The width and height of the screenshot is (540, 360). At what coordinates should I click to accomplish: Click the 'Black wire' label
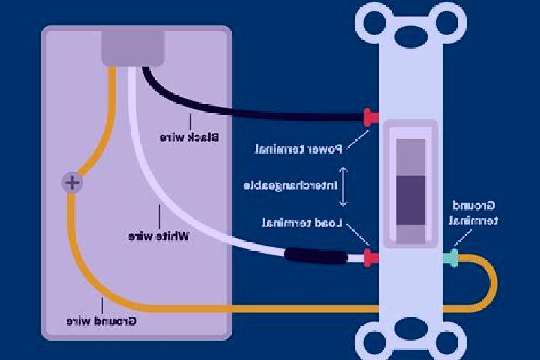(x=189, y=137)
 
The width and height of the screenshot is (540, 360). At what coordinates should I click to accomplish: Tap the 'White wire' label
(x=159, y=236)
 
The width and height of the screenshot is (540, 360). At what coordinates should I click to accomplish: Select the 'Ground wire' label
(x=101, y=321)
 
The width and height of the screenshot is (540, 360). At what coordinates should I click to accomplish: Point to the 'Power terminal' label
(x=298, y=149)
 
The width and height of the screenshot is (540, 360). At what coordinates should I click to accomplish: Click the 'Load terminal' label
(x=302, y=223)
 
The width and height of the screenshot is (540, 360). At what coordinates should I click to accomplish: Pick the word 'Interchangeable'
(x=291, y=186)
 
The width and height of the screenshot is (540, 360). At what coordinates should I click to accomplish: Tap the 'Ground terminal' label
(x=473, y=213)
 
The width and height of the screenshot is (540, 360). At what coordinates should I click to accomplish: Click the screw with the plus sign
(x=72, y=182)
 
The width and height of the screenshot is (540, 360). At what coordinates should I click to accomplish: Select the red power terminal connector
(x=371, y=118)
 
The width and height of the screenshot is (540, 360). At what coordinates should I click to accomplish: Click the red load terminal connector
(x=371, y=258)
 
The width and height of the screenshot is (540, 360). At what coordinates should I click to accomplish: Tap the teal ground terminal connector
(x=451, y=258)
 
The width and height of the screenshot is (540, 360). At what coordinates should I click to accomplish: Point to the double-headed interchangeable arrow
(x=343, y=187)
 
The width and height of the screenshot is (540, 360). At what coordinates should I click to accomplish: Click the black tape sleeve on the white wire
(x=316, y=256)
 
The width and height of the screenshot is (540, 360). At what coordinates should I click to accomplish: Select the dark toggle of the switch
(x=410, y=200)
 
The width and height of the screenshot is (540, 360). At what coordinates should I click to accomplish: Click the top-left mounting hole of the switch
(x=375, y=22)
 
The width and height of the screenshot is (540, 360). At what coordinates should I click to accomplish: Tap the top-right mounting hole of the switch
(x=447, y=22)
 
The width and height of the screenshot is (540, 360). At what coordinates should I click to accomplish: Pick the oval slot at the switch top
(x=410, y=35)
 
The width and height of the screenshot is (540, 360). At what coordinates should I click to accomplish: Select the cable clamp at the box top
(x=133, y=48)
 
